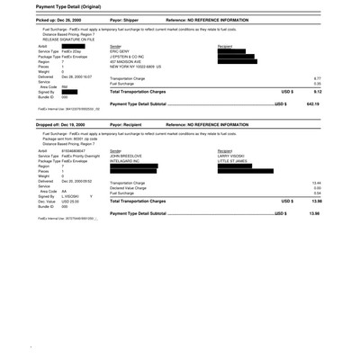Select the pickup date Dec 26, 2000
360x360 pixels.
click(70, 19)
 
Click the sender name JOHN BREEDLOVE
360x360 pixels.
click(127, 155)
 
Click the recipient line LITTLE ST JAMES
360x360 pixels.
click(235, 160)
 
